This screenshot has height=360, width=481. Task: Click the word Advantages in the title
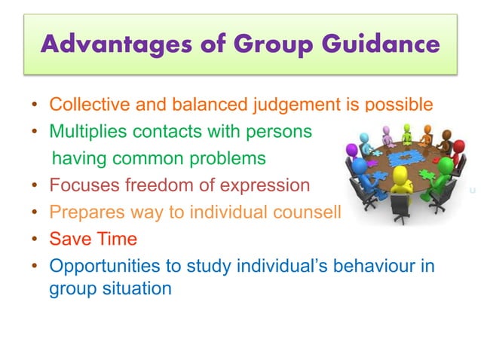102,44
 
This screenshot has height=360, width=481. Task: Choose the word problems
231,158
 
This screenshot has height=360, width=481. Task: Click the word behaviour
354,267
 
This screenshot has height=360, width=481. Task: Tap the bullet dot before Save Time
35,240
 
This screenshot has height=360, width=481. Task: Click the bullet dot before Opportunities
35,267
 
